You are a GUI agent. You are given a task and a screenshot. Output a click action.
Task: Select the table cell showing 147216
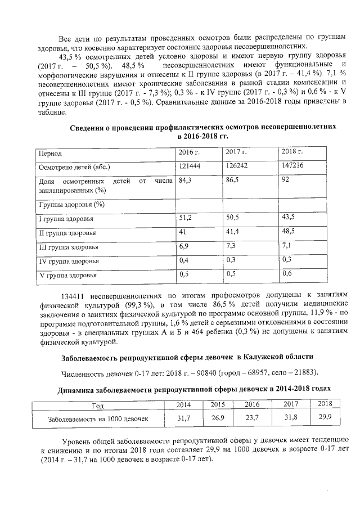[x=292, y=166]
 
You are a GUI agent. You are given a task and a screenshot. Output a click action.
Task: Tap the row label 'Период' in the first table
[x=49, y=153]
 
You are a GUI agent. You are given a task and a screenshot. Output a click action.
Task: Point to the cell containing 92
[x=285, y=181]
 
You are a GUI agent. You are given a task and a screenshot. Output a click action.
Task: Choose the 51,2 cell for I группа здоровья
[x=186, y=217]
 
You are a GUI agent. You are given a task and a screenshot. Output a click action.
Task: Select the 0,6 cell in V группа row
[x=287, y=273]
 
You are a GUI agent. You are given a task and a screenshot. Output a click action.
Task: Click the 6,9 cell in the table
[x=184, y=246]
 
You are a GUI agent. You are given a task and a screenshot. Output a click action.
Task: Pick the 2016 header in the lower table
[x=251, y=404]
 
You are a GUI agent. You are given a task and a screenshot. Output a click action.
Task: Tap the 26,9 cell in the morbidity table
[x=218, y=418]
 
